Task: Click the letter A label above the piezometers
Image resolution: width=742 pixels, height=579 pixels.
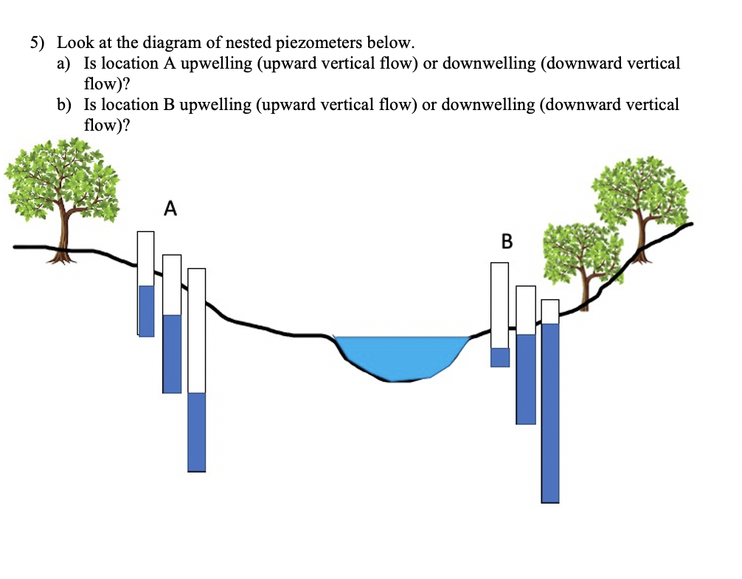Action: pos(170,209)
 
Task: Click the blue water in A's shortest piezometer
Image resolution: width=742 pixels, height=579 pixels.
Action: pos(146,310)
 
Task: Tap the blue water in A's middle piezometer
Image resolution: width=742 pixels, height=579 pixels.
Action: pos(172,353)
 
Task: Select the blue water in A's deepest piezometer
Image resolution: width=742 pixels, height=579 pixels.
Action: pos(196,431)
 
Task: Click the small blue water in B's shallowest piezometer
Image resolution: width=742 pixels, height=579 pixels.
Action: pos(500,357)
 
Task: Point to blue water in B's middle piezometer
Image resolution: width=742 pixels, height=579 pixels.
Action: pos(526,378)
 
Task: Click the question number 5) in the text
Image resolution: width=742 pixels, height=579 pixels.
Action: pos(38,43)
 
